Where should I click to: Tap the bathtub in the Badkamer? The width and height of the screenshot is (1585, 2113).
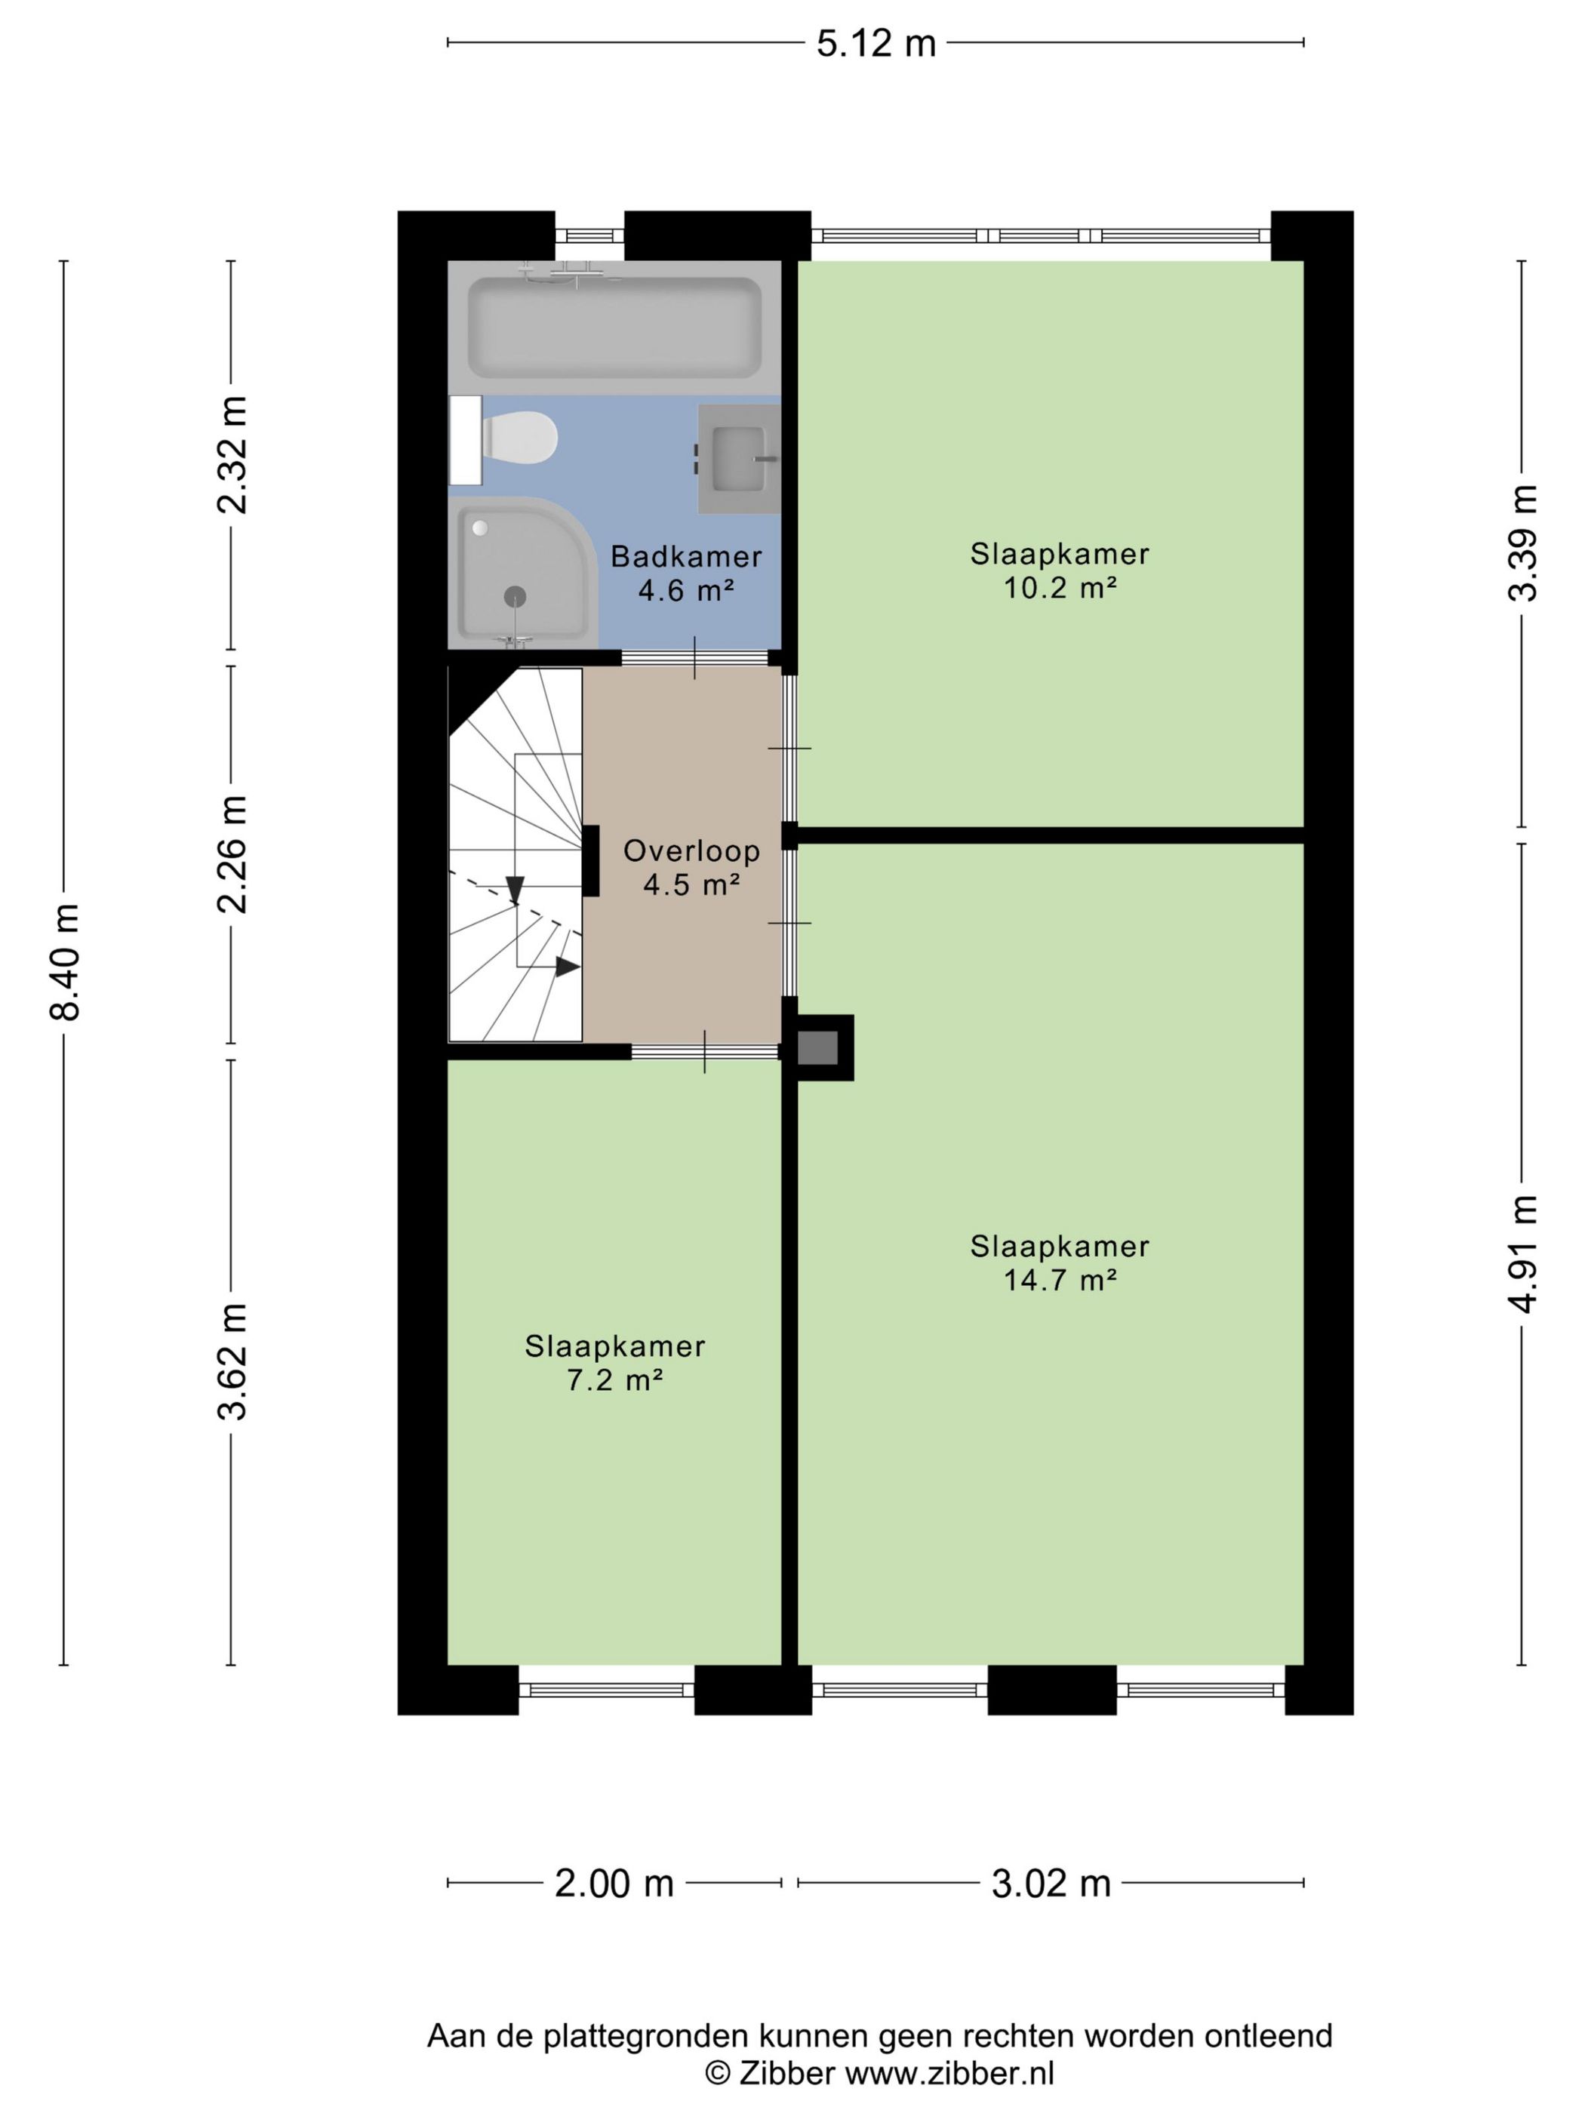pos(614,327)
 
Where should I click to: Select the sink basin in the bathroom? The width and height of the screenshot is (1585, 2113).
pos(738,459)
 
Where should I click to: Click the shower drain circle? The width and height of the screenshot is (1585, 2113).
pos(515,596)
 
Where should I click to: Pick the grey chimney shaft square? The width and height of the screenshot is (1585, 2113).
pos(818,1048)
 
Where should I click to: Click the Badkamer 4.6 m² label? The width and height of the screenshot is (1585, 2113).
pos(686,573)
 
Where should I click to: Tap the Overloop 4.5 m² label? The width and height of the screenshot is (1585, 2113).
pos(691,867)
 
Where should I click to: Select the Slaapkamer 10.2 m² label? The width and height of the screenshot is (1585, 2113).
pos(1060,571)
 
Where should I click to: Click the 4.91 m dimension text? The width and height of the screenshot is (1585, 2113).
pos(1523,1254)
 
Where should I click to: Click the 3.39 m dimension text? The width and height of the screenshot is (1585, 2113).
pos(1523,543)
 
